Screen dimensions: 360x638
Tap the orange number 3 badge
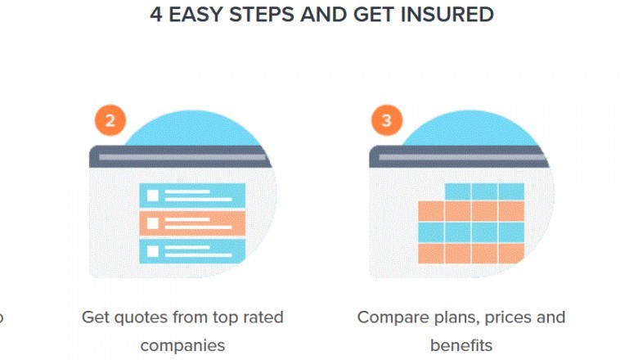(x=387, y=122)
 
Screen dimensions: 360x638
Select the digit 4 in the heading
(x=156, y=15)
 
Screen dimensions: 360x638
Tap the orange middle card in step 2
(x=191, y=223)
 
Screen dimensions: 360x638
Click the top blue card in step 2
(x=191, y=195)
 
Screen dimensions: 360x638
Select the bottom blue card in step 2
(x=191, y=250)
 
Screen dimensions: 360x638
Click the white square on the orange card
(x=152, y=223)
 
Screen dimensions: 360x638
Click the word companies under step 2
(x=182, y=345)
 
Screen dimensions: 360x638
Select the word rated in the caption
(x=262, y=317)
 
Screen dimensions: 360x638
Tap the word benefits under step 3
(x=461, y=345)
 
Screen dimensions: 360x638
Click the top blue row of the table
(x=484, y=191)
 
